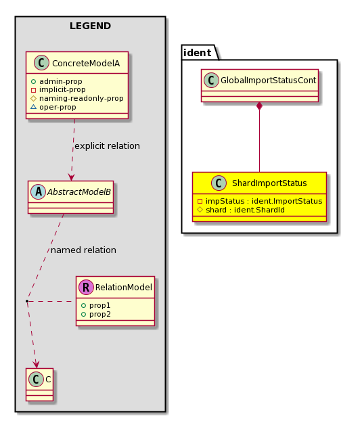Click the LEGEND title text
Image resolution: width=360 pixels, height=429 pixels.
[x=90, y=26]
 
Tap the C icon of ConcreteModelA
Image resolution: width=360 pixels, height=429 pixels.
[x=41, y=63]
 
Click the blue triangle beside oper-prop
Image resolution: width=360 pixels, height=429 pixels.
[x=33, y=107]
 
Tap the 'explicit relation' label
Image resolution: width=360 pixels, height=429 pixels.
[x=107, y=146]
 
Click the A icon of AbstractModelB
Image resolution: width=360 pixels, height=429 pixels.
[x=39, y=191]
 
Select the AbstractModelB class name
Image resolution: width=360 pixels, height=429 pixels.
[x=79, y=192]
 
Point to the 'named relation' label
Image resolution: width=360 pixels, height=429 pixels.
[x=83, y=250]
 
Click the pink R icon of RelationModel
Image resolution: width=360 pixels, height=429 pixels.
[x=86, y=288]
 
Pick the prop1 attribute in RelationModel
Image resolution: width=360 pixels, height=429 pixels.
[x=95, y=305]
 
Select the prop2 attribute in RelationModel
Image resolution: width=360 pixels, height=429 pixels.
[x=95, y=315]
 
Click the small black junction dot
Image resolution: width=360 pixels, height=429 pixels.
[x=27, y=301]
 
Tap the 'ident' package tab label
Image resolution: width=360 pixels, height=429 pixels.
[x=197, y=53]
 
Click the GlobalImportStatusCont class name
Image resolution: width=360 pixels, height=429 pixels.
[x=269, y=81]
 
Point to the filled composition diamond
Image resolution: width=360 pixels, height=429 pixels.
[x=259, y=106]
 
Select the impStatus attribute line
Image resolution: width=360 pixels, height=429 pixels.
[x=260, y=201]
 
